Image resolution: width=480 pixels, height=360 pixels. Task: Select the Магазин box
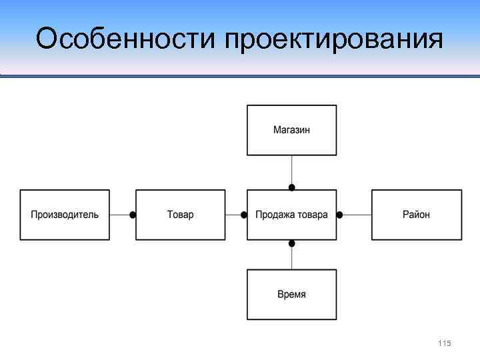291,130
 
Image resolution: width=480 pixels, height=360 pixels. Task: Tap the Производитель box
65,215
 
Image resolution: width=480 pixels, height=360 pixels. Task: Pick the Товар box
180,215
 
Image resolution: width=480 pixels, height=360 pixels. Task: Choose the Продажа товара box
291,215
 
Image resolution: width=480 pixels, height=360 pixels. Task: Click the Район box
416,215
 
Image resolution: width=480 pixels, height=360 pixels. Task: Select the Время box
291,294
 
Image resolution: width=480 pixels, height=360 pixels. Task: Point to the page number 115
445,343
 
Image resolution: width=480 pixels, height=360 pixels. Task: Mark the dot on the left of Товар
133,215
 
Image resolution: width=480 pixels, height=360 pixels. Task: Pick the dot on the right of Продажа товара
339,215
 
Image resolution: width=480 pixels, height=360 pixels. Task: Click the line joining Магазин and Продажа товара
291,169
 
